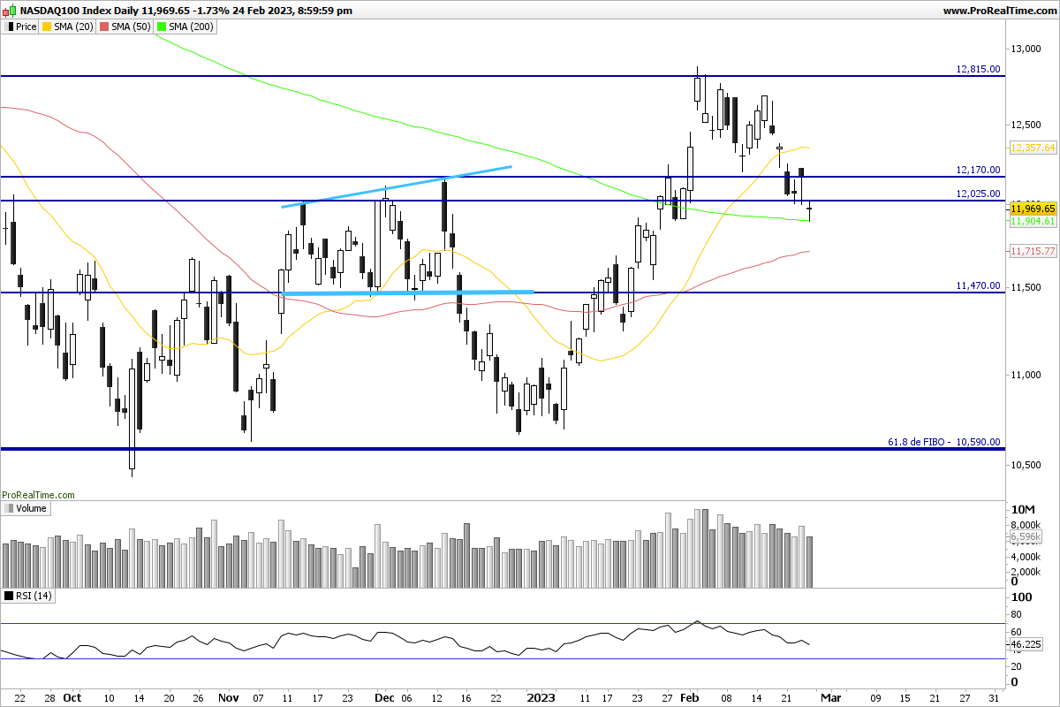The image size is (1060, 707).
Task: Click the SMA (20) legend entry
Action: click(71, 27)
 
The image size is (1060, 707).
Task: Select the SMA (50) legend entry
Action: click(125, 27)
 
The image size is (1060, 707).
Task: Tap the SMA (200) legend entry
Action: click(184, 27)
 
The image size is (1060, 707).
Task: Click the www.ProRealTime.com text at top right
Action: click(999, 11)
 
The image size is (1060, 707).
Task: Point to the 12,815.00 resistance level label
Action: click(979, 69)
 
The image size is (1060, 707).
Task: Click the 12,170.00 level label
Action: click(979, 170)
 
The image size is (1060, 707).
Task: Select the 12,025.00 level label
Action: click(979, 194)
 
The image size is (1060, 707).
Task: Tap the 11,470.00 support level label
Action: click(979, 285)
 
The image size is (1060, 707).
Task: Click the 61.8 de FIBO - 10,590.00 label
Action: click(943, 442)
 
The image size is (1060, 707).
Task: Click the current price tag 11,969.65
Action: click(1033, 209)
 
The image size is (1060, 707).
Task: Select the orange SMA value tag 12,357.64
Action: click(1033, 148)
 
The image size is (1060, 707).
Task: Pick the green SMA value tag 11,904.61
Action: click(1033, 221)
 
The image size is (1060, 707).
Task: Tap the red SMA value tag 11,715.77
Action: click(1033, 252)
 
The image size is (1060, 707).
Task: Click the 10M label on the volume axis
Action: click(1021, 511)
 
